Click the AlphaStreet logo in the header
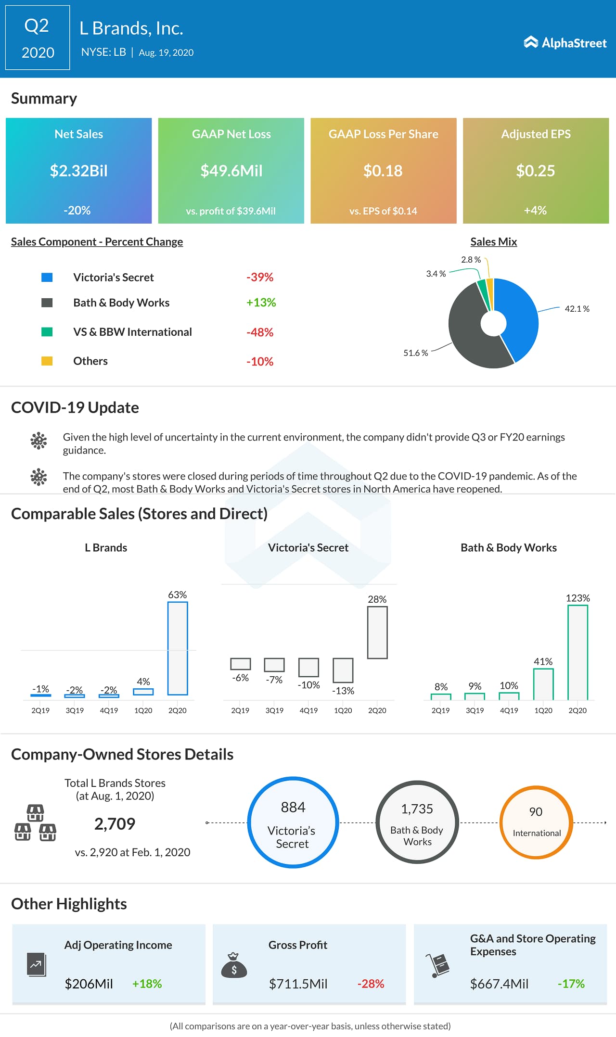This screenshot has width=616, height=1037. (565, 43)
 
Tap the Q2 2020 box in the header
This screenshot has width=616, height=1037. (38, 38)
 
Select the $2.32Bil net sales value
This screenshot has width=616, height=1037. (79, 171)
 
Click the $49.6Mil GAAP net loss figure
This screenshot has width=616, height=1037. (231, 171)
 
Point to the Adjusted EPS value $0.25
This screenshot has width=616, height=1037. (535, 171)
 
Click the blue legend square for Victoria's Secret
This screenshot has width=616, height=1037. (47, 278)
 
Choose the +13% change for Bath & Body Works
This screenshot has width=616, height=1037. (261, 303)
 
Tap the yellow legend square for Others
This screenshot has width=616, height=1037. (47, 361)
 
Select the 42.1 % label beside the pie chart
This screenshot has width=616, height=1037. (577, 309)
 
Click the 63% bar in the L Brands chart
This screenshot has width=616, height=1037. (178, 648)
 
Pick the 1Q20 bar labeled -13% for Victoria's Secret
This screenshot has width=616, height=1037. (343, 670)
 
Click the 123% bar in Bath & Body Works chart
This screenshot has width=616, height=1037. (577, 652)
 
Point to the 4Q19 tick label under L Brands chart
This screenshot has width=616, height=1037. (109, 710)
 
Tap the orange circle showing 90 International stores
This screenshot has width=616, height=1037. (536, 822)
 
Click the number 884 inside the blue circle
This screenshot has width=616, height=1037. (293, 807)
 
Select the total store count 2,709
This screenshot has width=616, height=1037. (115, 824)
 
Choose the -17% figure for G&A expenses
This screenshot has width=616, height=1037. (571, 984)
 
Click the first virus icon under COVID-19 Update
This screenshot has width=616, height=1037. (38, 441)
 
